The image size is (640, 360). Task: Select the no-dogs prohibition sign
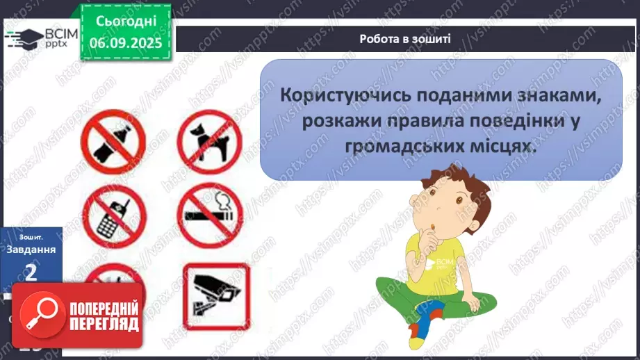pos(208,141)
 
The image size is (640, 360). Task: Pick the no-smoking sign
pos(208,215)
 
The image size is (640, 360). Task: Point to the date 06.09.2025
pos(125,42)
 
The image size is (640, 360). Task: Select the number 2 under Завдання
pos(31,271)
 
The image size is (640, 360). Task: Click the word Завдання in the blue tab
pos(31,250)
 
